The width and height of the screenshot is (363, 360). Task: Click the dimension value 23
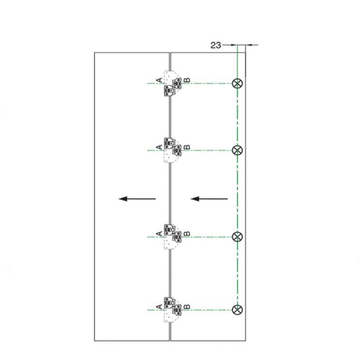tap(215, 45)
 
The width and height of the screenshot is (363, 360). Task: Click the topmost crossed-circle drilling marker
tap(237, 83)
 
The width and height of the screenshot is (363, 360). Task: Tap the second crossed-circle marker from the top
tap(237, 151)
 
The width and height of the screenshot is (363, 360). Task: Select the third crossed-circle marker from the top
tap(237, 237)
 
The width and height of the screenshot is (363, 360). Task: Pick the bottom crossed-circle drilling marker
tap(237, 310)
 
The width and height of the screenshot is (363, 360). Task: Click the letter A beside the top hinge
tap(160, 80)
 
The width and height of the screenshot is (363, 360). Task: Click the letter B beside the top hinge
tap(187, 80)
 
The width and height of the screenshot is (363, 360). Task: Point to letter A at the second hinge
tap(160, 147)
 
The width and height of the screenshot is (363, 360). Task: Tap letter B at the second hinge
tap(187, 147)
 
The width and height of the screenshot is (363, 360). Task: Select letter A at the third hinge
tap(160, 234)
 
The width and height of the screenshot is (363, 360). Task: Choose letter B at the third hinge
tap(187, 234)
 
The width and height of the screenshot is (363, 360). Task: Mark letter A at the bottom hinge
tap(160, 306)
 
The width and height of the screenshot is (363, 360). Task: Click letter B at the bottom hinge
tap(187, 306)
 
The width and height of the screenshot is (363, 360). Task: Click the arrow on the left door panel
tap(137, 199)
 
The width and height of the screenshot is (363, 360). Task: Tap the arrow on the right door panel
tap(209, 199)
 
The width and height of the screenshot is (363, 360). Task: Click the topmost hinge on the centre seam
tap(173, 83)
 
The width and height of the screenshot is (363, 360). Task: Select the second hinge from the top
tap(173, 150)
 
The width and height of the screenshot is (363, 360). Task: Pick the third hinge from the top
tap(173, 236)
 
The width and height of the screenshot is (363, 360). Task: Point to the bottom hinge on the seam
tap(173, 310)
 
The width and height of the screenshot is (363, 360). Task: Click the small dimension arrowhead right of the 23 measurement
tap(249, 45)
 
